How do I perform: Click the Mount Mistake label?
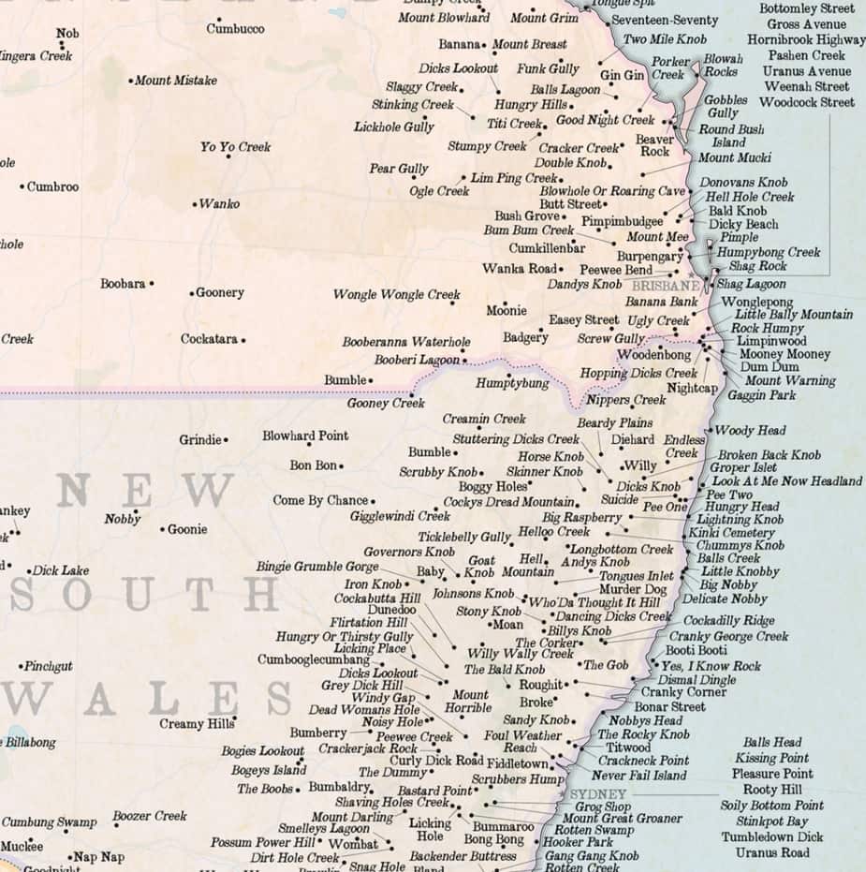pos(176,81)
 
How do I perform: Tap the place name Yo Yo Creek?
pos(235,147)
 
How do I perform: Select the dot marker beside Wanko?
pos(195,204)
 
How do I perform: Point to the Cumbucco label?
pos(235,29)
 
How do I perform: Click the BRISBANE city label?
pos(666,285)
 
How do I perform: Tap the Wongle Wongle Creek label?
pos(396,295)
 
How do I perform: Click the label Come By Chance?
pos(320,501)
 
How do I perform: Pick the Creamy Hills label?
pos(196,724)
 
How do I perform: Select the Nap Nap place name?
pos(99,857)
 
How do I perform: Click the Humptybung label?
pos(512,384)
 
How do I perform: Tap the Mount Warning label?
pos(790,381)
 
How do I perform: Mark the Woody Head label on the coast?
pos(750,431)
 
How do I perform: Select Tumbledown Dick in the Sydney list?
pos(772,837)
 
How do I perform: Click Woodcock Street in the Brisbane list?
pos(807,102)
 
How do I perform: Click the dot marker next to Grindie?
pos(226,439)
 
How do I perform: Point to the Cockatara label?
pos(209,339)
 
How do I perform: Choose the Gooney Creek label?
pos(386,404)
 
